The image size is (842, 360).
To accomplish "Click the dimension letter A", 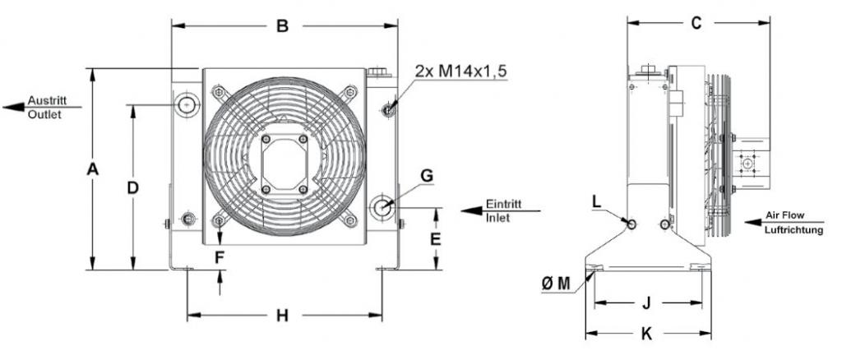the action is coord(93,169).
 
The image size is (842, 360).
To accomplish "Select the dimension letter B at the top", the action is coord(283,25).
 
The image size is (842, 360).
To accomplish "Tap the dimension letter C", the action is coord(696,23).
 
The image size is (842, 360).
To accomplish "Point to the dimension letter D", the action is coord(132,187).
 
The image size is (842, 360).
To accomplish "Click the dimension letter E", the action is coord(436,238).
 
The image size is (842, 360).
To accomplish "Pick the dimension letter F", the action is coord(219,258).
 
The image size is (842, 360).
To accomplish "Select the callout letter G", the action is coord(427,176).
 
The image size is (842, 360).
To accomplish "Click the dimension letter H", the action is coord(283,316).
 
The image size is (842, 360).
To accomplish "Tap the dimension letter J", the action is coord(646,303).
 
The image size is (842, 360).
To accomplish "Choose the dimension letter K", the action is coord(646,335).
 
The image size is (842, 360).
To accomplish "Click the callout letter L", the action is coord(597,201).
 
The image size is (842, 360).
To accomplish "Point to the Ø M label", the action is coord(556,284).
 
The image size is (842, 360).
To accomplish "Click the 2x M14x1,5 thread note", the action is coord(460,72).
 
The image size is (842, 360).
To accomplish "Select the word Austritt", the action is coord(46,100).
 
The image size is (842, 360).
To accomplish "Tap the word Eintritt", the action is coord(504,205).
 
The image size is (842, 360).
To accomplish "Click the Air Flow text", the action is coord(785,215).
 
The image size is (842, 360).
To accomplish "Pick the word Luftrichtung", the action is coord(793,230).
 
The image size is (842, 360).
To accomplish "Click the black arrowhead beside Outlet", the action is coord(14,108).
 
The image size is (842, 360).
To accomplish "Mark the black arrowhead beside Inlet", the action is coord(472,211).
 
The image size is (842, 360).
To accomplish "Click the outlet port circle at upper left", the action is coord(187,104).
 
